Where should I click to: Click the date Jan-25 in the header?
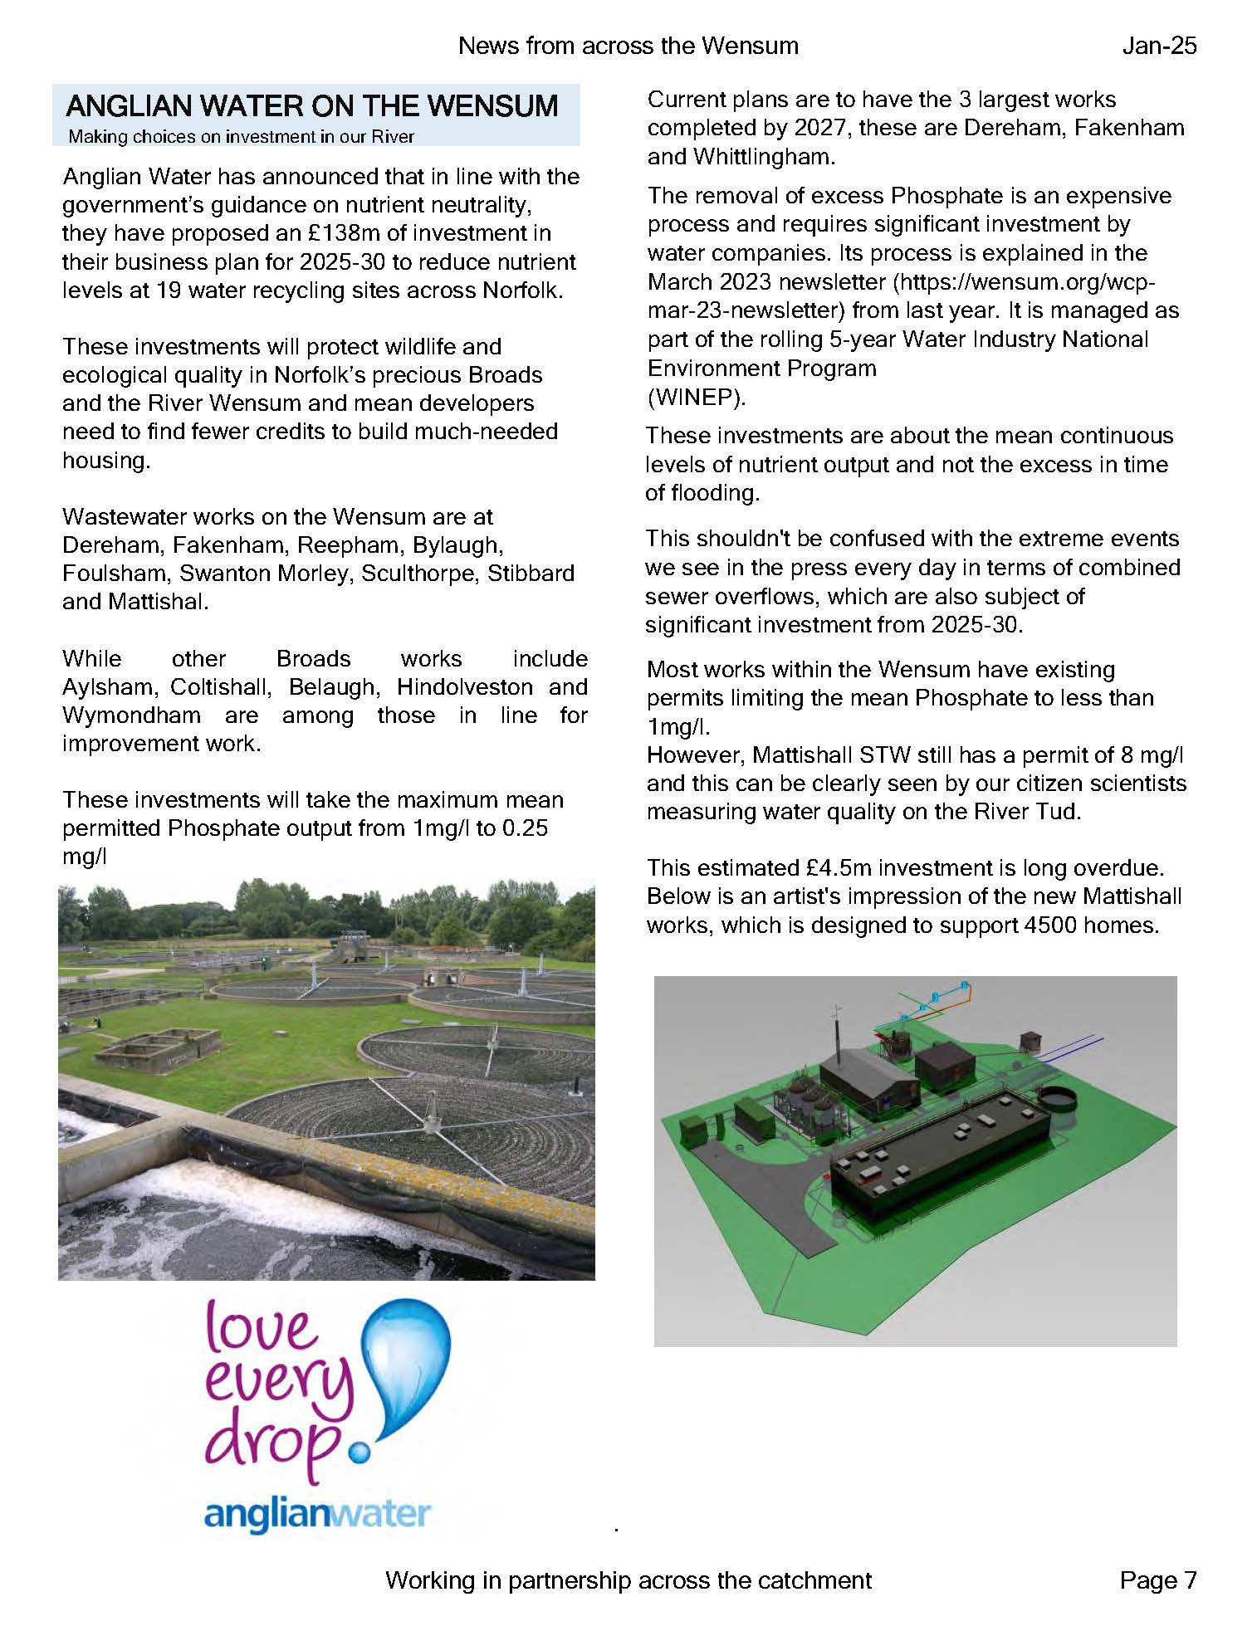[x=1159, y=46]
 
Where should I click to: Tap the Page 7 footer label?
[x=1157, y=1580]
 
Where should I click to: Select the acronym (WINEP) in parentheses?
[x=696, y=398]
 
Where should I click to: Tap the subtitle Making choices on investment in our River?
[x=241, y=137]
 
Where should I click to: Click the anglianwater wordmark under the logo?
[x=318, y=1515]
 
